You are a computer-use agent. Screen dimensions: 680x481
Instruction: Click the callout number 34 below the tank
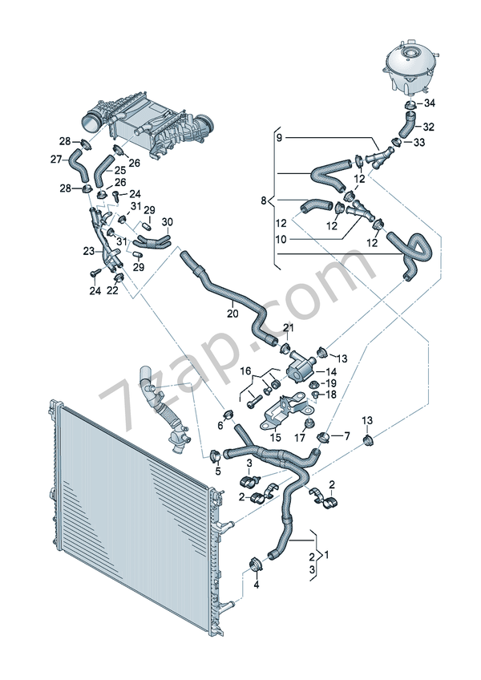(430, 103)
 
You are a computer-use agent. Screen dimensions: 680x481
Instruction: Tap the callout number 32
(429, 127)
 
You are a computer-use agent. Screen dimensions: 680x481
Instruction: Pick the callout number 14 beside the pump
(330, 372)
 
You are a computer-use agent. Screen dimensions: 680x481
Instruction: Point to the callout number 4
(257, 585)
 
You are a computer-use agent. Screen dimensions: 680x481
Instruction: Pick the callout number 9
(280, 139)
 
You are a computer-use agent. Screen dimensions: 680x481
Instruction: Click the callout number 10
(280, 238)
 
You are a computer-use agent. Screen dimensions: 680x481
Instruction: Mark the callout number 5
(216, 472)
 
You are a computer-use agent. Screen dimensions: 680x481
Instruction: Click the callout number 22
(112, 290)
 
